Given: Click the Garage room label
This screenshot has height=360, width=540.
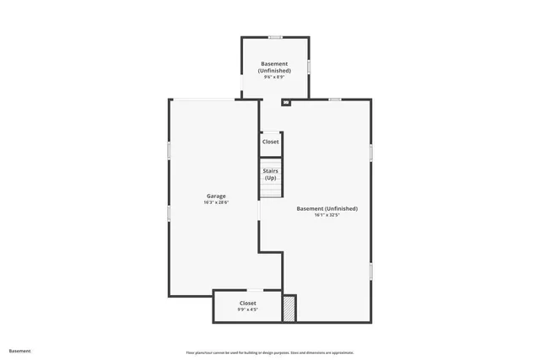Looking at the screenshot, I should pyautogui.click(x=216, y=196).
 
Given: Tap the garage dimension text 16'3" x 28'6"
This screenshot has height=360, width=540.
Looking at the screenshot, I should pyautogui.click(x=216, y=202).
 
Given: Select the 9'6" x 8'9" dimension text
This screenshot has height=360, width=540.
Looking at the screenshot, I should pyautogui.click(x=274, y=78).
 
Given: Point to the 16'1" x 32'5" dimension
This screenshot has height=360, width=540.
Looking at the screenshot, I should pyautogui.click(x=327, y=215).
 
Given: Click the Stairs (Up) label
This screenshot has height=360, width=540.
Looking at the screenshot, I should pyautogui.click(x=270, y=175).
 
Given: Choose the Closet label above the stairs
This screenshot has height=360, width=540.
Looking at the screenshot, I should pyautogui.click(x=270, y=142).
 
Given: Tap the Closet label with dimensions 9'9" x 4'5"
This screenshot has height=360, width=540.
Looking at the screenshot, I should pyautogui.click(x=247, y=303).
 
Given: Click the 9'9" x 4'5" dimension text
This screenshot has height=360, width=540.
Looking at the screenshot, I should pyautogui.click(x=247, y=309).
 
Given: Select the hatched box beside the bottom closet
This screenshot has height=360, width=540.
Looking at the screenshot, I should pyautogui.click(x=289, y=308).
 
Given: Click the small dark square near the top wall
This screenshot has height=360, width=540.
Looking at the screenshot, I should pyautogui.click(x=285, y=103).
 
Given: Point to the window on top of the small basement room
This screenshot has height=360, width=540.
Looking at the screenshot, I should pyautogui.click(x=275, y=37).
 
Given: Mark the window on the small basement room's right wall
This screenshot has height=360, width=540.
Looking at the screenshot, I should pyautogui.click(x=309, y=66).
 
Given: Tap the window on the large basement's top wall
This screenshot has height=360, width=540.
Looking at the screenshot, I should pyautogui.click(x=335, y=99).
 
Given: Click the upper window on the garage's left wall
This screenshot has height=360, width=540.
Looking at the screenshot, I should pyautogui.click(x=169, y=150).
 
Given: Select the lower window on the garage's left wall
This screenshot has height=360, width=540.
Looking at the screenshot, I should pyautogui.click(x=169, y=213).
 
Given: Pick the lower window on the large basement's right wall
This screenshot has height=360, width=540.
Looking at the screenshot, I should pyautogui.click(x=371, y=271).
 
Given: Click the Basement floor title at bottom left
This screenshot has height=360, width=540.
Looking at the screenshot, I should pyautogui.click(x=20, y=351).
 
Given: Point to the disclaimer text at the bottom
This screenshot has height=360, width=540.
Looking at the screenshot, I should pyautogui.click(x=270, y=352).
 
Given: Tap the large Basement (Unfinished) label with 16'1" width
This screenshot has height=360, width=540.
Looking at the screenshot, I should pyautogui.click(x=327, y=208).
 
